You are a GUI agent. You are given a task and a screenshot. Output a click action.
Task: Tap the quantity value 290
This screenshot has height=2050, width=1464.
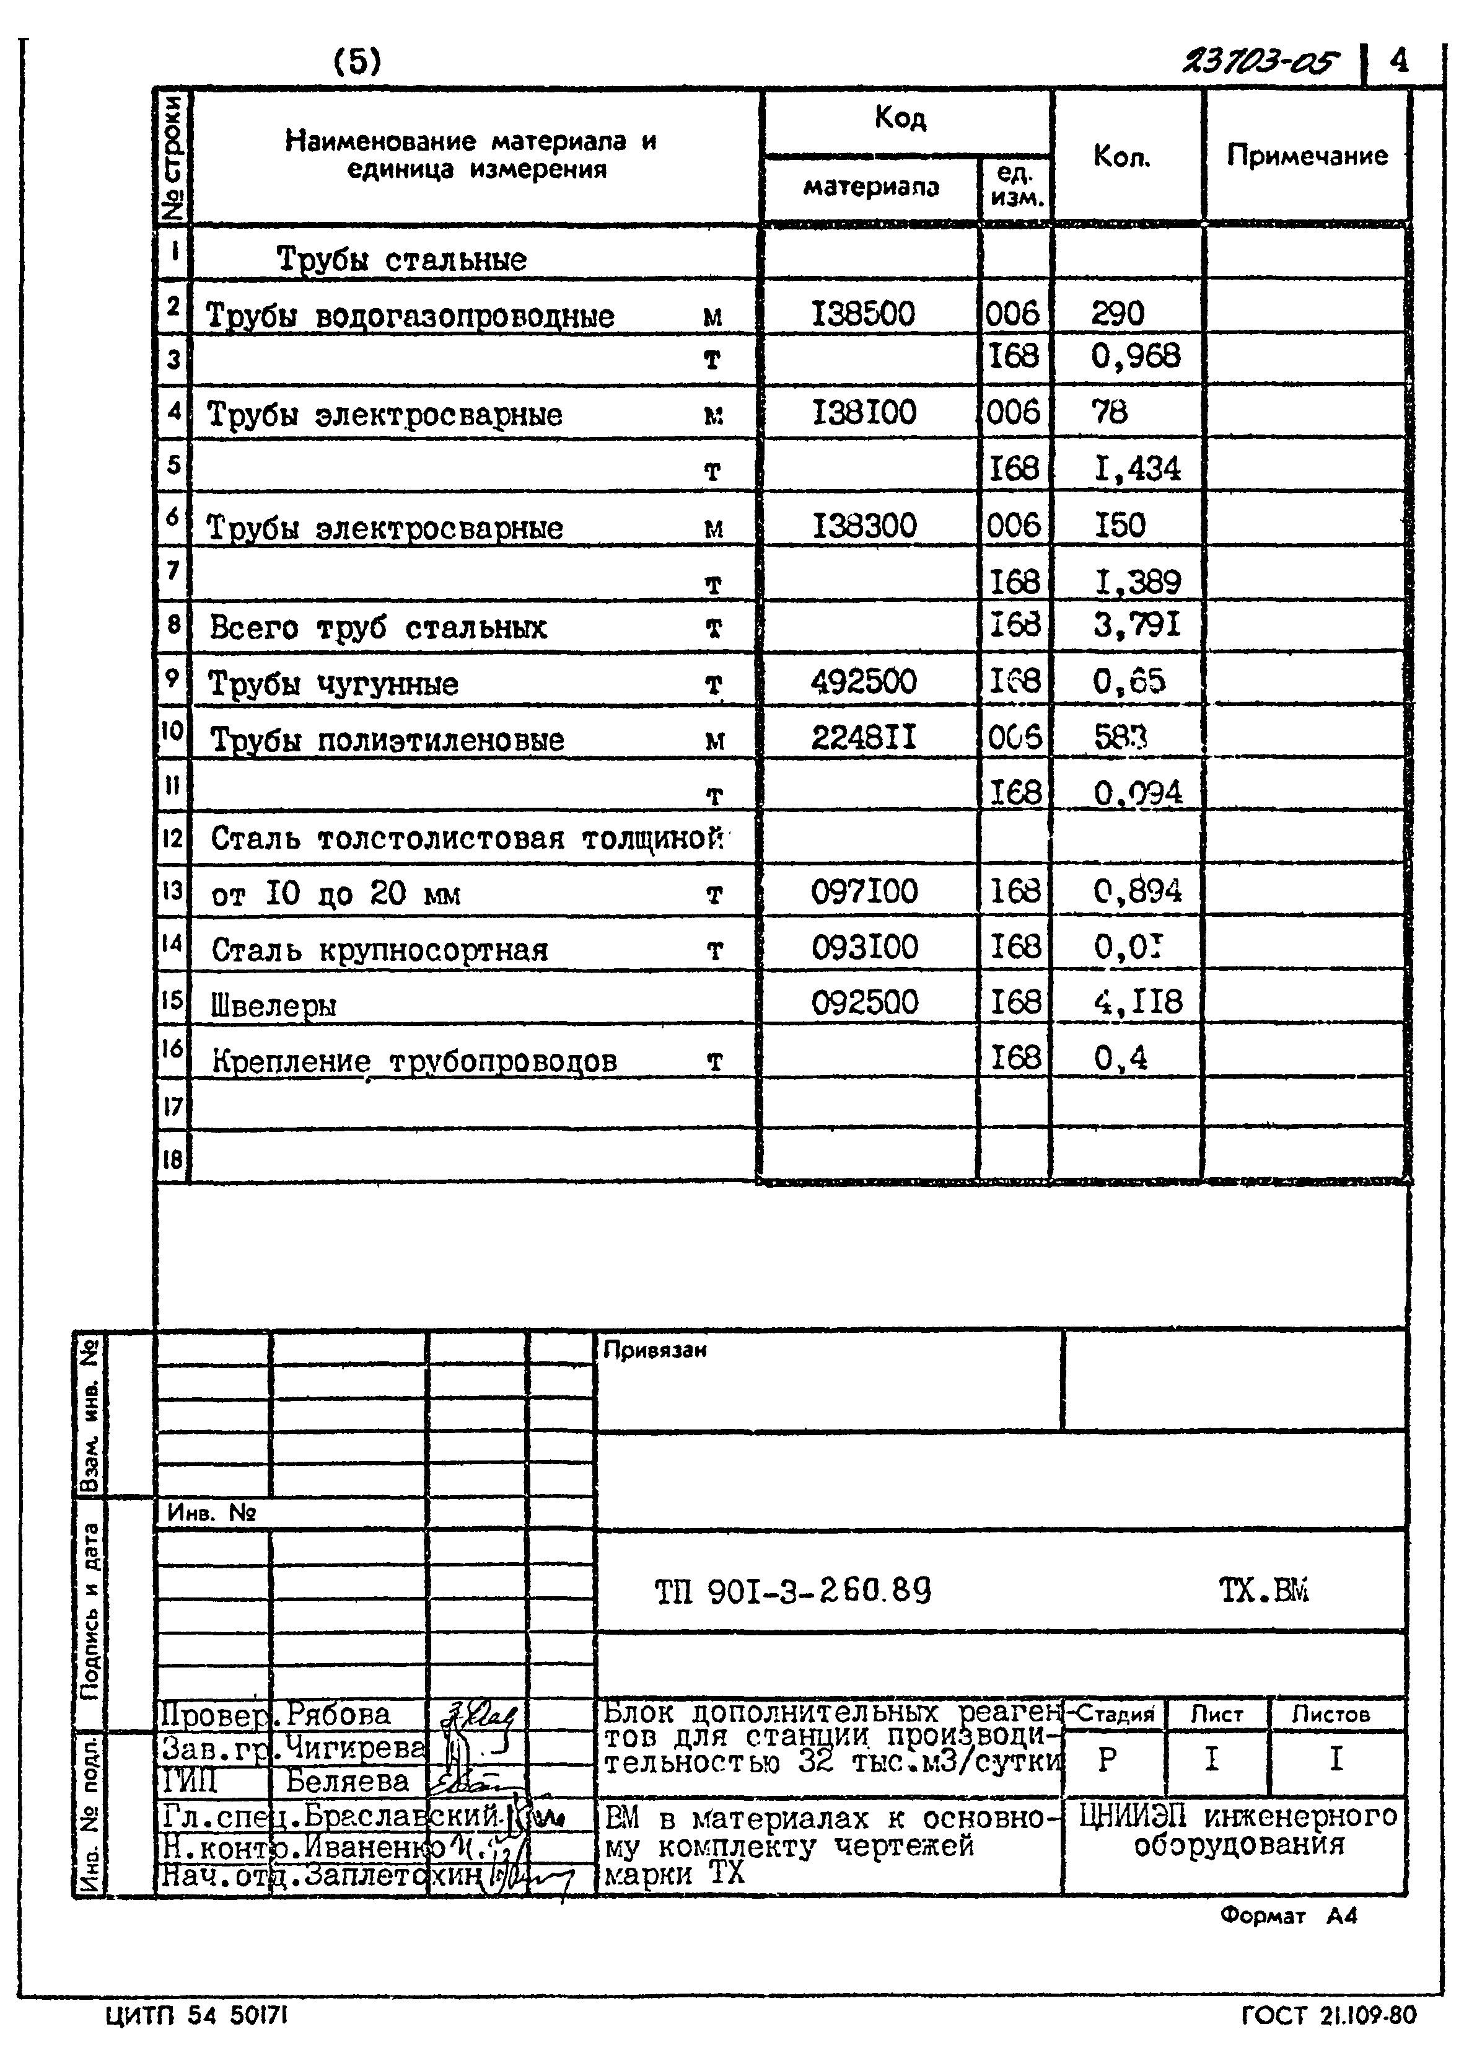[1117, 314]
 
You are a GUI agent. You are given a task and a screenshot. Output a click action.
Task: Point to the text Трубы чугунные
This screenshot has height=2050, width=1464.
[333, 684]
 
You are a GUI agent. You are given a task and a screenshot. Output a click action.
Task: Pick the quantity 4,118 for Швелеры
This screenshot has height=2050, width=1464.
[1137, 1002]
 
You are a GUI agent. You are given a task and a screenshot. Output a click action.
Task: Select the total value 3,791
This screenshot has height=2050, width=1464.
[1136, 625]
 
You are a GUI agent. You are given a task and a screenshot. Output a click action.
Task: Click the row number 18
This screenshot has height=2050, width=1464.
[172, 1160]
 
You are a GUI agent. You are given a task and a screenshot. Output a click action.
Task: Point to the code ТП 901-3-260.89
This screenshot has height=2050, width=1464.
[792, 1591]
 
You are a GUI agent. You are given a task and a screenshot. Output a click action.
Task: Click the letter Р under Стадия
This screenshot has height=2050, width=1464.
[1107, 1759]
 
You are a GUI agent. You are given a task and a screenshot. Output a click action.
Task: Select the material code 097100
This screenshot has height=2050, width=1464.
[864, 892]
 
